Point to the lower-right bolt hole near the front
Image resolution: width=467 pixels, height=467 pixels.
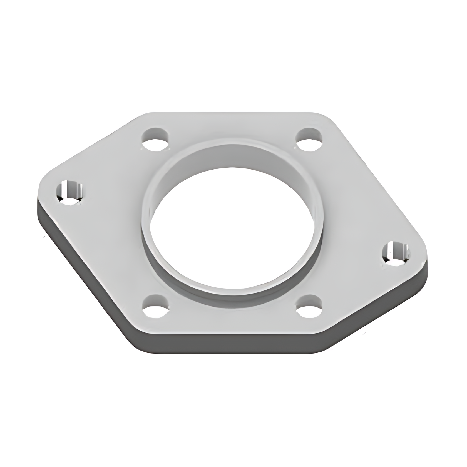(309, 306)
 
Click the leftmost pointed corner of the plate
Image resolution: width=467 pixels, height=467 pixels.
(39, 195)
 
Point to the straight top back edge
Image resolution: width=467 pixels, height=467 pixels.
(233, 113)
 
